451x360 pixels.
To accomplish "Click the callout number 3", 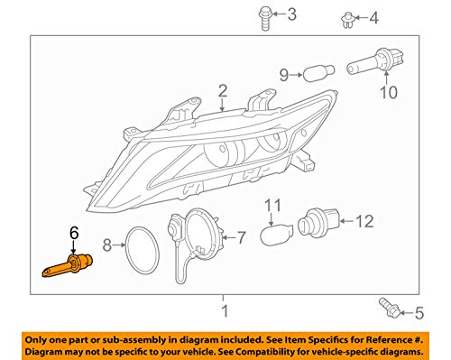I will tap(290, 14).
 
